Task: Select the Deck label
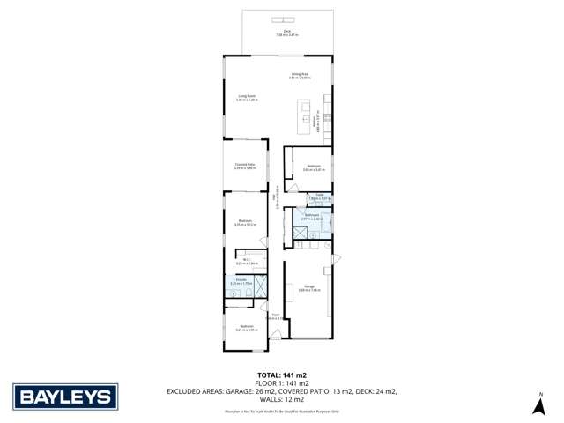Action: [287, 33]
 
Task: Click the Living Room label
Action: [246, 98]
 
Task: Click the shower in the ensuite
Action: [260, 286]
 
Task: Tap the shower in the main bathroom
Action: [301, 233]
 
